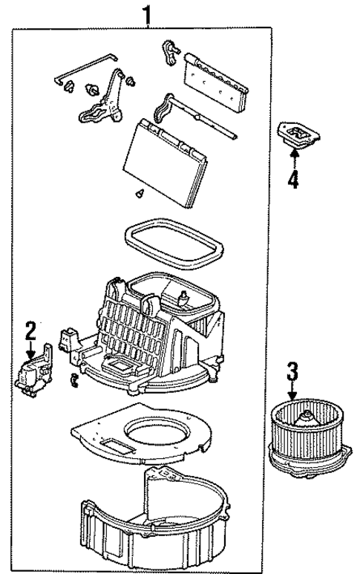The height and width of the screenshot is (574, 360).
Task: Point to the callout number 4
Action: tap(294, 179)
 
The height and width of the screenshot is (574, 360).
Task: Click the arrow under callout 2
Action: tap(30, 348)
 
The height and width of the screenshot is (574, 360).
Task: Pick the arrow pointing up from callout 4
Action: tap(294, 157)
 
